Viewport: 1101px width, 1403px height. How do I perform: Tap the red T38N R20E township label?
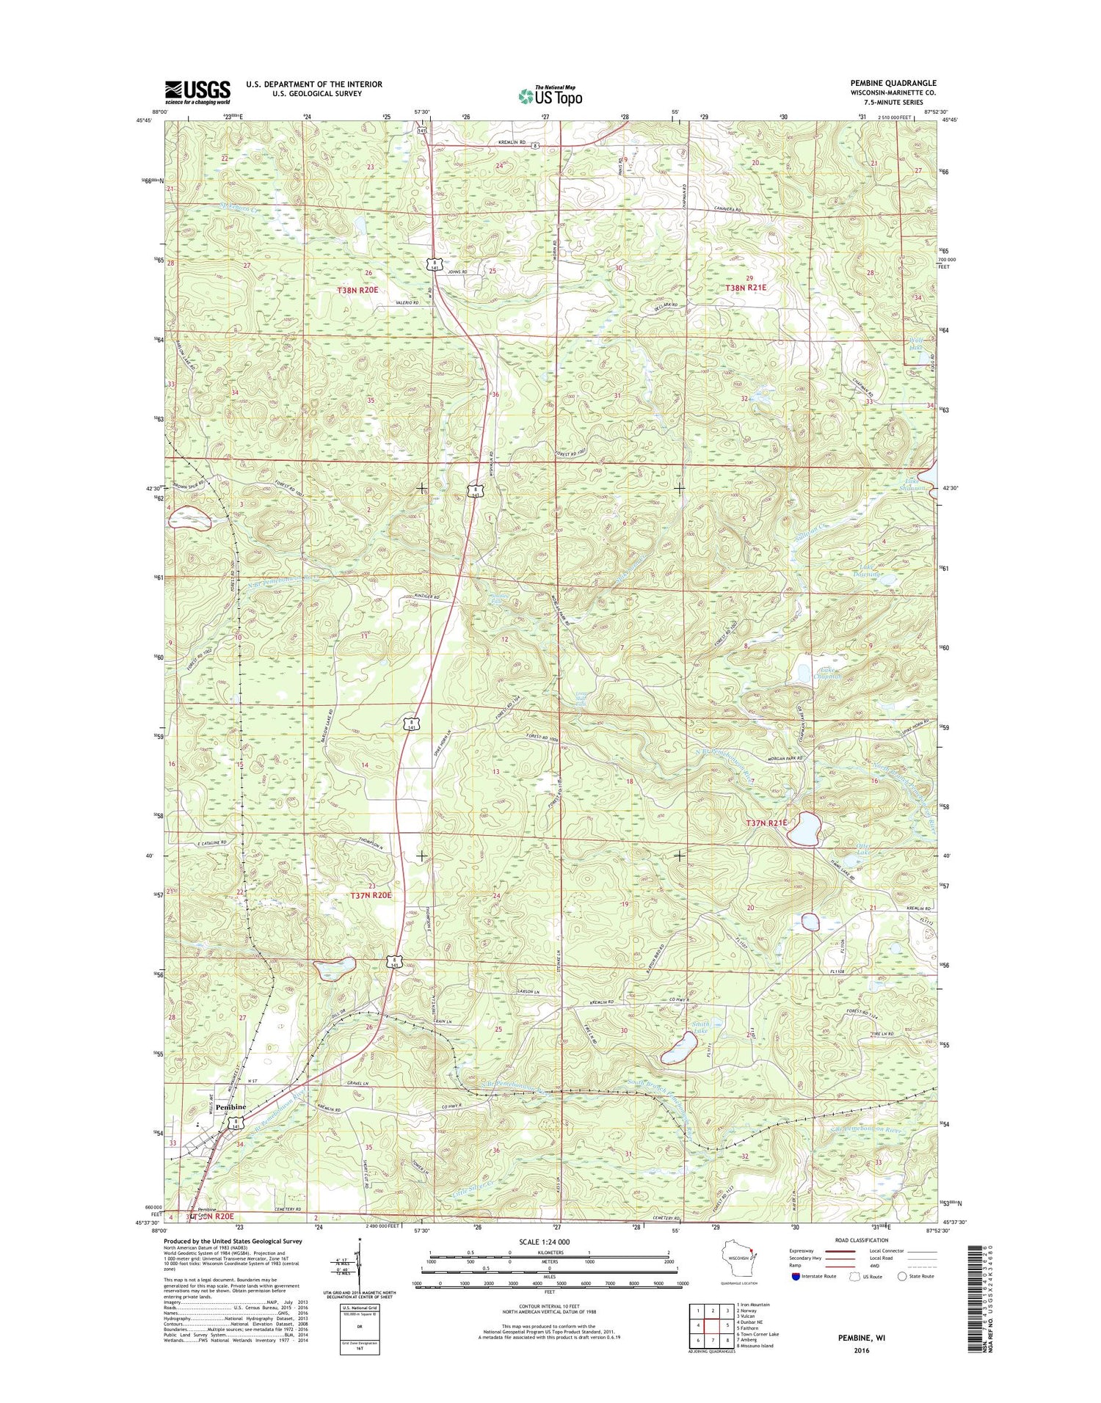tap(357, 291)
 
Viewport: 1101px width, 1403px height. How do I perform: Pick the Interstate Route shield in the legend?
tap(796, 1276)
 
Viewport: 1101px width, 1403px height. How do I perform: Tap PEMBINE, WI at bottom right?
tap(862, 1338)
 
